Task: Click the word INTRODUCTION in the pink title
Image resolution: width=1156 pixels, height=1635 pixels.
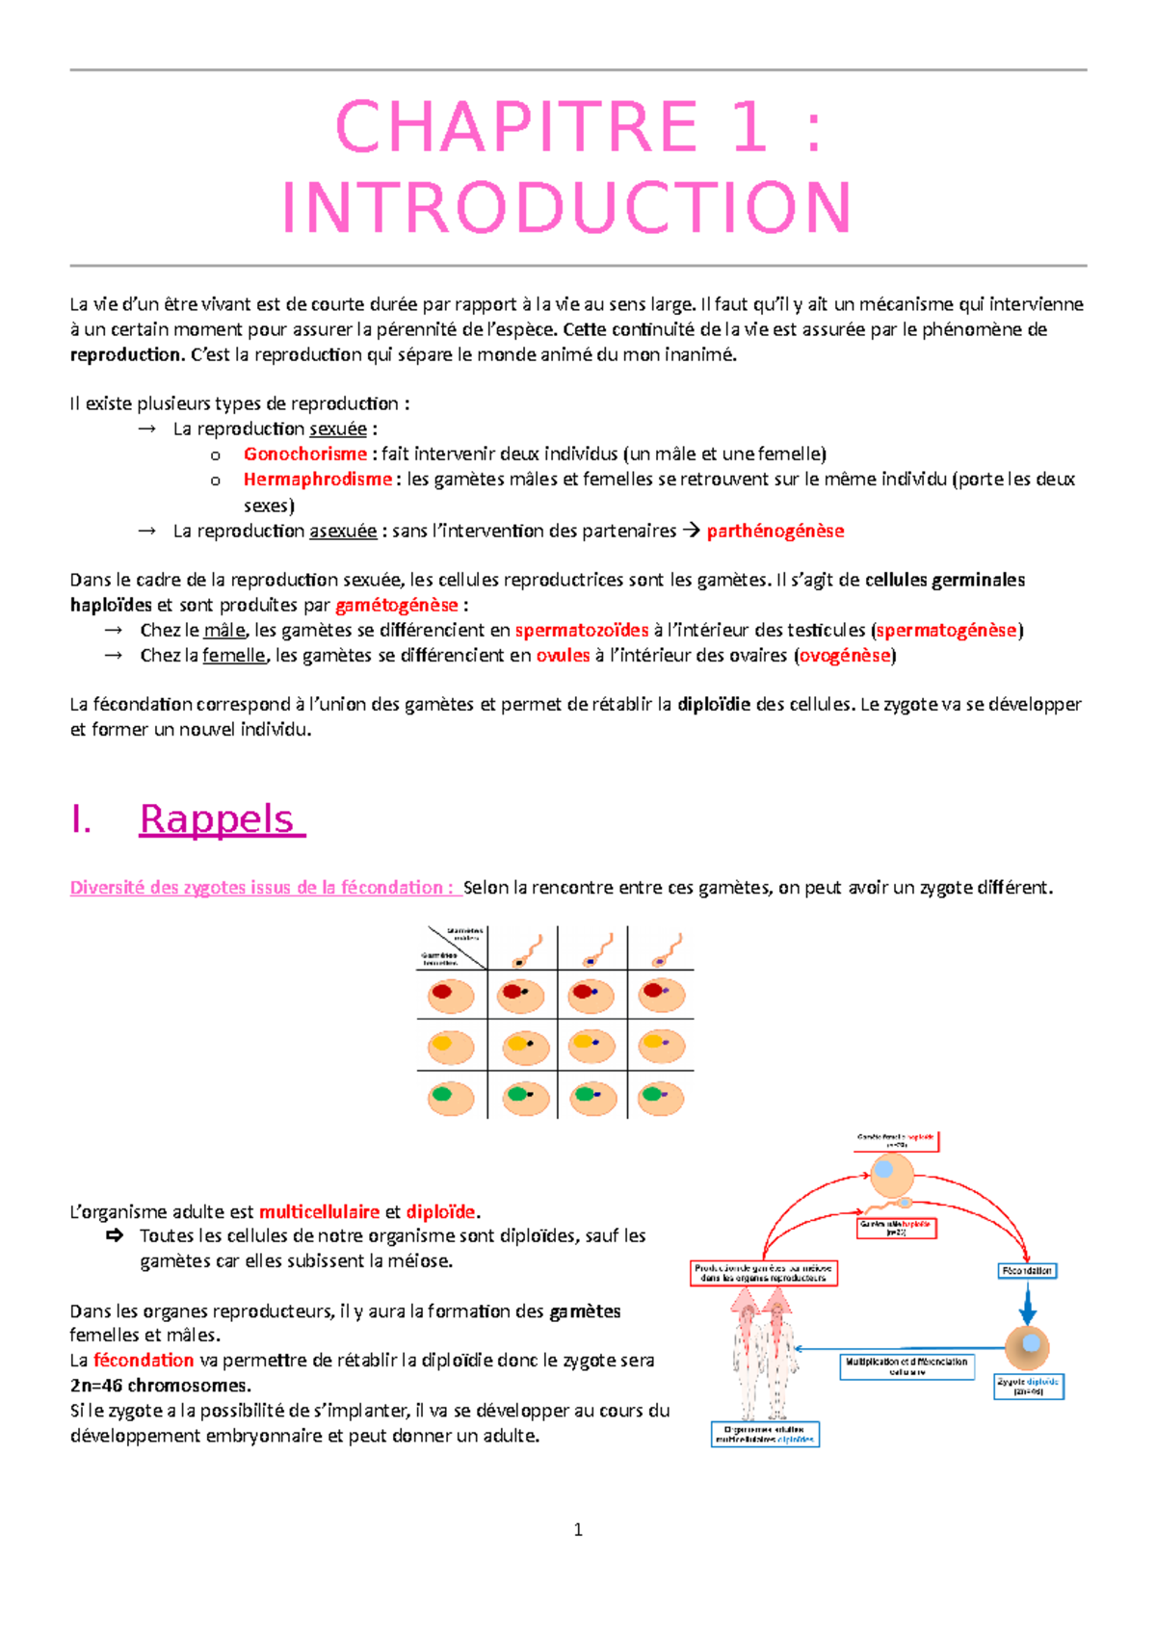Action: click(x=566, y=208)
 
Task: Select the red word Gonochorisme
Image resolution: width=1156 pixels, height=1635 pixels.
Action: click(x=304, y=454)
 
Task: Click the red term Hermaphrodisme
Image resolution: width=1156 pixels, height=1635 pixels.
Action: click(x=317, y=479)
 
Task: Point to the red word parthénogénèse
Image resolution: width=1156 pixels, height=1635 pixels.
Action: click(x=775, y=531)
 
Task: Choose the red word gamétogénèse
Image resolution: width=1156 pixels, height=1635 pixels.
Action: click(x=396, y=605)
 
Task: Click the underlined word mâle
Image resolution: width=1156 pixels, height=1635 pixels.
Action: click(x=224, y=630)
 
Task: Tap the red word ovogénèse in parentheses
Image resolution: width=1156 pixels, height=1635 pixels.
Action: click(x=845, y=655)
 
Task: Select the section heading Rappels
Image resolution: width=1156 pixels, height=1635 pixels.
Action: click(x=222, y=818)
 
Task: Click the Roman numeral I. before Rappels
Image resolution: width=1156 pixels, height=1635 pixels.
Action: click(x=81, y=819)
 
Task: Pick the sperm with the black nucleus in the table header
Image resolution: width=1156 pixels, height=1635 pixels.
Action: click(x=525, y=949)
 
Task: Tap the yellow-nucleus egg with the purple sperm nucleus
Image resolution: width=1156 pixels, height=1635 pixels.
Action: click(x=661, y=1046)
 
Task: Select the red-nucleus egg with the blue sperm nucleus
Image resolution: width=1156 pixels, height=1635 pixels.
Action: click(x=591, y=995)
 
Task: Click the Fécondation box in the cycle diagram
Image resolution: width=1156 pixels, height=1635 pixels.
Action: click(x=1027, y=1271)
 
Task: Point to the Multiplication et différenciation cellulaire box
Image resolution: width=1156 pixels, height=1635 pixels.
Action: click(x=906, y=1366)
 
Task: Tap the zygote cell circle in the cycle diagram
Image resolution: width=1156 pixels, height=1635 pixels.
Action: click(x=1028, y=1346)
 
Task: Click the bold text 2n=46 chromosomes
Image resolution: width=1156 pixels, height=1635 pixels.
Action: click(x=160, y=1386)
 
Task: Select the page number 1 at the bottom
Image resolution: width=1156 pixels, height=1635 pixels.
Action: click(x=578, y=1529)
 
